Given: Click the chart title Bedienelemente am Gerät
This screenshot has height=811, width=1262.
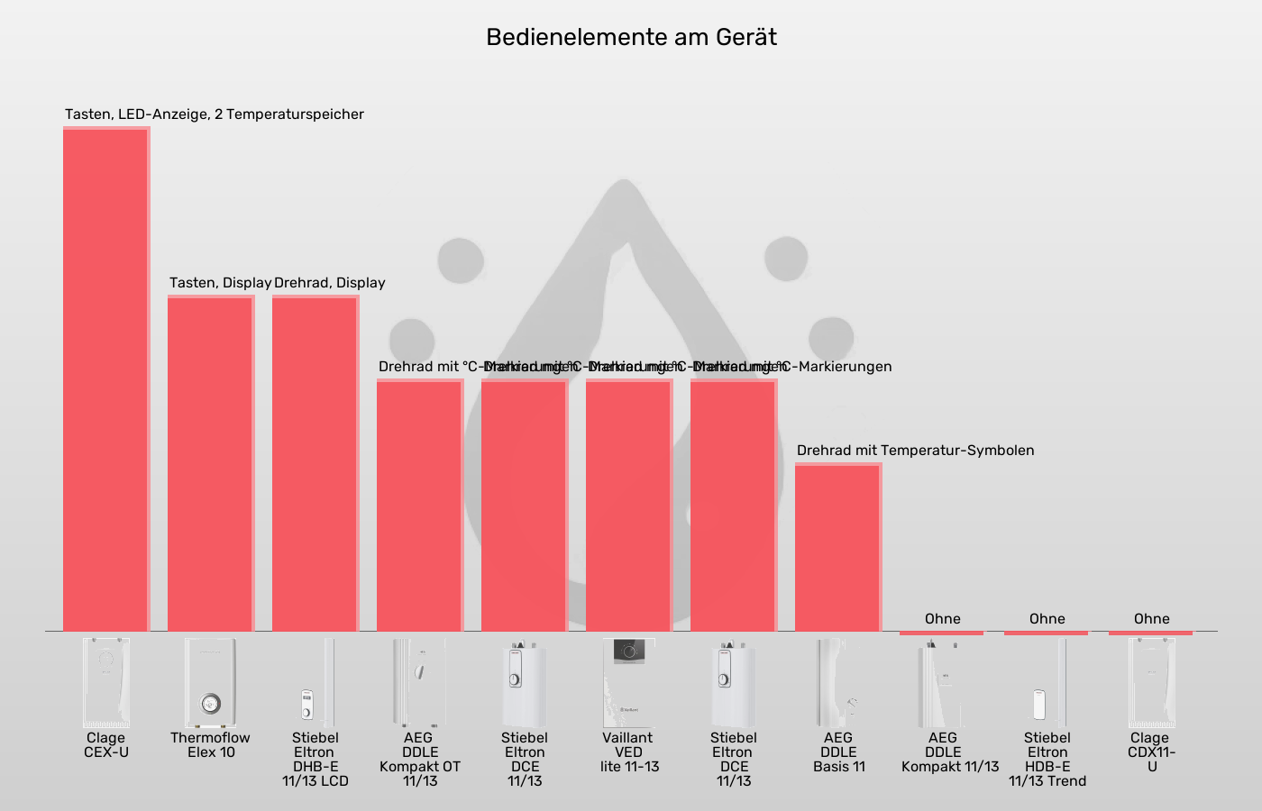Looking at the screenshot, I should coord(631,37).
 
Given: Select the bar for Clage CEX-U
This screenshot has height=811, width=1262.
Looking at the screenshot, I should coord(106,378).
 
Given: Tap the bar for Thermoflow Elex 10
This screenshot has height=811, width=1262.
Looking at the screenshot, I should coord(211,463).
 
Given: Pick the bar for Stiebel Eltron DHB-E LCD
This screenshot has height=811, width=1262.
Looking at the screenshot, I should coord(315,463).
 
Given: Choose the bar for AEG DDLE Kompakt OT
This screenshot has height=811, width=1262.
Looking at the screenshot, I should coord(420,505).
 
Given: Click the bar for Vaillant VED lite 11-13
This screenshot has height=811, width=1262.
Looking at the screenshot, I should coord(629,505).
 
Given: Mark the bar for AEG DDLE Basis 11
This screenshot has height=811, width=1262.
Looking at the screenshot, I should coord(838,547).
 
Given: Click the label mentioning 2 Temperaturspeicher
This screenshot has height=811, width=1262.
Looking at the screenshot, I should coord(215,114).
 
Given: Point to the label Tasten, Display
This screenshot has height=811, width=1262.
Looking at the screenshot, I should coord(220,283).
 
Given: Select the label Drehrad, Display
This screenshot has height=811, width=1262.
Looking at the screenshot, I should coord(330,283).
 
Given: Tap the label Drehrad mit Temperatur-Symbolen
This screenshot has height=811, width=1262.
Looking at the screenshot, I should coord(915,451).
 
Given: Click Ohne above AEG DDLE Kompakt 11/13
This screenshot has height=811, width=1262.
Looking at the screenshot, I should coord(943,619).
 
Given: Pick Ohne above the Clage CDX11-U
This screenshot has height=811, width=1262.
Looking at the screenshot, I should coord(1152,619).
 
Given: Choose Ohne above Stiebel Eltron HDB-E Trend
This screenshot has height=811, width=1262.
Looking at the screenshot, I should coord(1047,619).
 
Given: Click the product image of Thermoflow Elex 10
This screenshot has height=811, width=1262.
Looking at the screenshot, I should coord(211,682).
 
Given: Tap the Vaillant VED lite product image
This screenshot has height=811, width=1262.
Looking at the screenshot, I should coord(629,682).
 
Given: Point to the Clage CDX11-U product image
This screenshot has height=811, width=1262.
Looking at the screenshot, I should coord(1152,682).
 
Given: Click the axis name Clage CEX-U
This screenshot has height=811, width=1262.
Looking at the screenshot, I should coord(106,745).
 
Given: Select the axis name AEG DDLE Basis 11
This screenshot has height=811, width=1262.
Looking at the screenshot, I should coord(838,752).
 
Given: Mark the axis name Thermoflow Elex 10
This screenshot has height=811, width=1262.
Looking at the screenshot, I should coord(211,745).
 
